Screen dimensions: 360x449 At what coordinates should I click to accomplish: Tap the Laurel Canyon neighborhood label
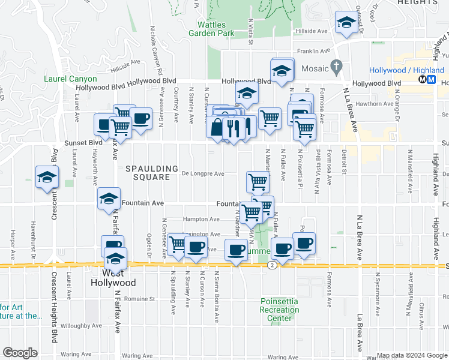pyautogui.click(x=70, y=79)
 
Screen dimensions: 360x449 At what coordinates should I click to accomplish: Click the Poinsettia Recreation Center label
pyautogui.click(x=276, y=310)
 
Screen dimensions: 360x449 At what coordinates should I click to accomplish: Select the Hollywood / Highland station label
pyautogui.click(x=406, y=70)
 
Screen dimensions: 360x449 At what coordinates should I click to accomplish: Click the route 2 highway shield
pyautogui.click(x=273, y=265)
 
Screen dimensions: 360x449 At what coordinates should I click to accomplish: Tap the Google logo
pyautogui.click(x=20, y=353)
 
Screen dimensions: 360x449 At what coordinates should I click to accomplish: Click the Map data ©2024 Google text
pyautogui.click(x=411, y=355)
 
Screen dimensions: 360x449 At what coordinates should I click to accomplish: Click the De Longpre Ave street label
pyautogui.click(x=203, y=174)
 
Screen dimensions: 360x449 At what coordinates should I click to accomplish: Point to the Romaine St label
pyautogui.click(x=140, y=298)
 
